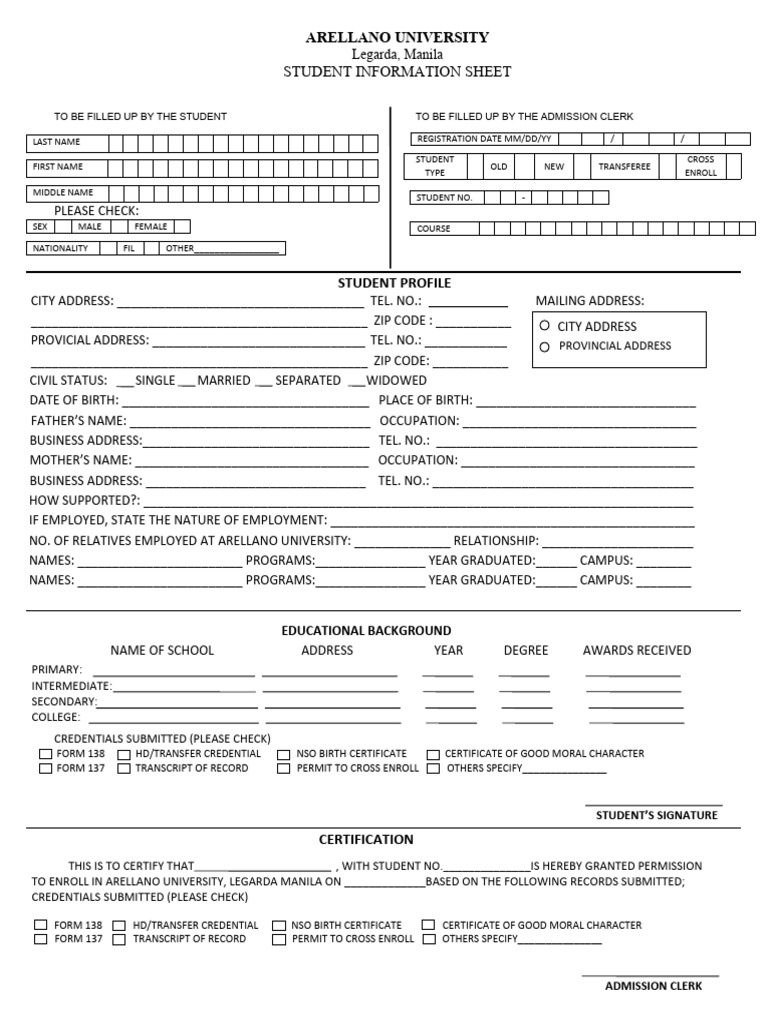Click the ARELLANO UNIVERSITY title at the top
[x=397, y=37]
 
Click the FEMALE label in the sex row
[x=151, y=227]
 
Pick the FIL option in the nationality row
[x=128, y=248]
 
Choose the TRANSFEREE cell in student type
[x=624, y=167]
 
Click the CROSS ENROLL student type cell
[x=700, y=166]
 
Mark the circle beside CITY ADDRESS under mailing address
[x=544, y=326]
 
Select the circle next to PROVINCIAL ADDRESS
[x=544, y=347]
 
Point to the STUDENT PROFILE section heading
[x=394, y=283]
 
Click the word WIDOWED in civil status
[x=396, y=380]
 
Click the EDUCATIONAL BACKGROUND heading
[x=366, y=630]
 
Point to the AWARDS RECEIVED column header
[x=636, y=650]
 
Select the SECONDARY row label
[x=64, y=702]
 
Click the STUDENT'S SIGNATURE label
[x=656, y=815]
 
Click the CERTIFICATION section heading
[x=366, y=839]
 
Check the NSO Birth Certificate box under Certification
[x=279, y=926]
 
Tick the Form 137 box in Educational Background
[x=46, y=769]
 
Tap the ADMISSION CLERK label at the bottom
[x=653, y=986]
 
